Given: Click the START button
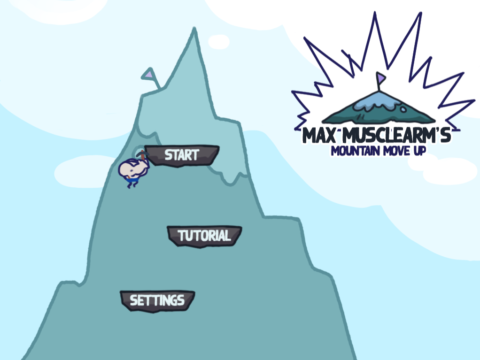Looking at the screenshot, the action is click(x=182, y=156).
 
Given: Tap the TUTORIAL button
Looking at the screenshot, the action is click(x=204, y=236).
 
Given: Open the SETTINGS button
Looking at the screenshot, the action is click(x=157, y=301).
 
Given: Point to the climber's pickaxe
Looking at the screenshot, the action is click(x=142, y=154).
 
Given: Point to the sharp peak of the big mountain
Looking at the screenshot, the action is click(x=194, y=29).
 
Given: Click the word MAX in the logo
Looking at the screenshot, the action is click(x=319, y=136).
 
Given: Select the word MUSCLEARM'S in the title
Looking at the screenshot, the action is click(x=396, y=136).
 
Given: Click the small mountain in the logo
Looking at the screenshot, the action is click(x=379, y=107).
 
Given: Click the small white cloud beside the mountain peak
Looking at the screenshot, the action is click(x=218, y=42).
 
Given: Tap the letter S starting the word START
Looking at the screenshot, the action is click(x=169, y=155).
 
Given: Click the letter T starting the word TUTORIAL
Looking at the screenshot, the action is click(x=182, y=236).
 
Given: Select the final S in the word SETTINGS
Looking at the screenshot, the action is click(x=181, y=301).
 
